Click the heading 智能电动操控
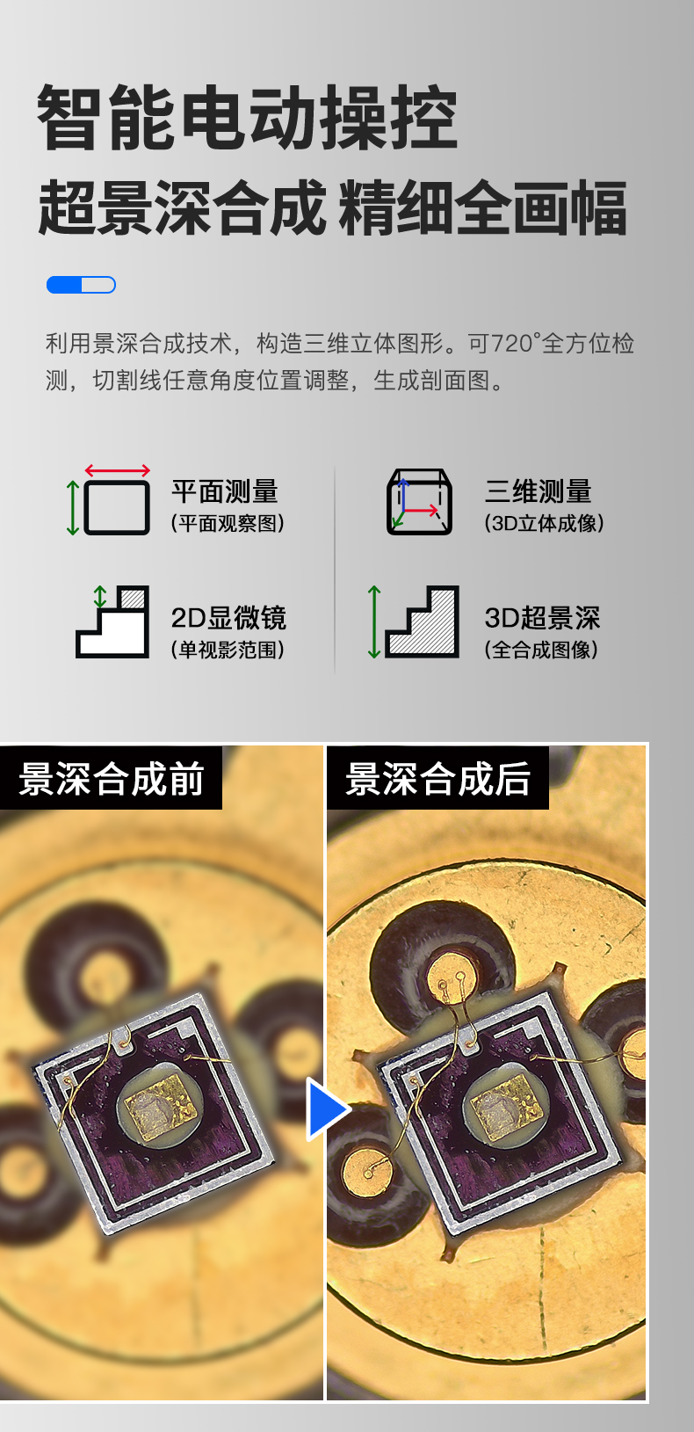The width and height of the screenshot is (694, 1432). point(247,118)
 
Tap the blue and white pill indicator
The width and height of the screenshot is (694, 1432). point(81,285)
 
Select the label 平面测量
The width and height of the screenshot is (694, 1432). point(224,491)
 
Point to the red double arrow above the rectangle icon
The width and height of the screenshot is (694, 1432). point(117,470)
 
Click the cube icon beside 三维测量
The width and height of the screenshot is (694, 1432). point(419,502)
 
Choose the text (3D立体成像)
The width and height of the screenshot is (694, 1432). point(544,524)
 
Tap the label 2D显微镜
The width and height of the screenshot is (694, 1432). point(228,618)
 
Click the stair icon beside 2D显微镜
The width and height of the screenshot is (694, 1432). point(112,622)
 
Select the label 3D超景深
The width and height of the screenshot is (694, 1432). point(542,618)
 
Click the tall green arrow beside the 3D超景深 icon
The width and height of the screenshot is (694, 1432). point(374,622)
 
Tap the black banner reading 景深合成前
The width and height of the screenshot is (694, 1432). point(112,778)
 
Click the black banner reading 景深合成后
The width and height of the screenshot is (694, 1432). point(437,778)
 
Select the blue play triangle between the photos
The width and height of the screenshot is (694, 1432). point(327,1109)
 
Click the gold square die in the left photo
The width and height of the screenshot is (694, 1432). point(160,1111)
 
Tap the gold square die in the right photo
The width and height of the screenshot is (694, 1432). point(506,1109)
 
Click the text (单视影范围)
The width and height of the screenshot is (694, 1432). point(228,651)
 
